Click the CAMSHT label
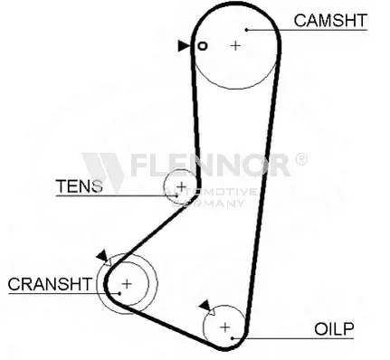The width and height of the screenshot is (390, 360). tap(330, 21)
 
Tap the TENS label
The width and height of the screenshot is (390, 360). tap(80, 186)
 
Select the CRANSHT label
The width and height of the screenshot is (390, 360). tap(50, 284)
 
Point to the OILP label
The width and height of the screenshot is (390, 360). tap(334, 329)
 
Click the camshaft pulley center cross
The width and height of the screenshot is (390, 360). tap(235, 45)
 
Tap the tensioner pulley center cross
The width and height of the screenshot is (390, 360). tap(181, 186)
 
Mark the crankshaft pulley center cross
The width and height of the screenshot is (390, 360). tap(127, 284)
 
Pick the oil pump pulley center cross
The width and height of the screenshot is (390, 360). tap(225, 327)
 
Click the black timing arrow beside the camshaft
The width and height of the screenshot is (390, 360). tap(184, 45)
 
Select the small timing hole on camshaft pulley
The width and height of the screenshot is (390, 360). tap(203, 46)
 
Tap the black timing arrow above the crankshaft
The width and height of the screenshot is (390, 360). tap(102, 256)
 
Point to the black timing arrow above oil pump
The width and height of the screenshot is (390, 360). tap(205, 306)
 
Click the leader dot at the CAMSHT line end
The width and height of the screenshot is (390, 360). tap(246, 30)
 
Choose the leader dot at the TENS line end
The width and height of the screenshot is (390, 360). tap(176, 195)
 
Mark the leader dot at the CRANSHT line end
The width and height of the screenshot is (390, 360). tap(119, 293)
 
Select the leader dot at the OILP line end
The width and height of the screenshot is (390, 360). tap(233, 338)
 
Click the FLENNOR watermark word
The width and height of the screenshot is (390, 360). tap(210, 165)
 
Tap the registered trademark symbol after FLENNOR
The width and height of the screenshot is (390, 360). tap(300, 159)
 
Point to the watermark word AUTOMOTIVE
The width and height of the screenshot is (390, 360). tap(210, 192)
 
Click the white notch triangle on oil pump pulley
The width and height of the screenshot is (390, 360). tap(212, 311)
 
